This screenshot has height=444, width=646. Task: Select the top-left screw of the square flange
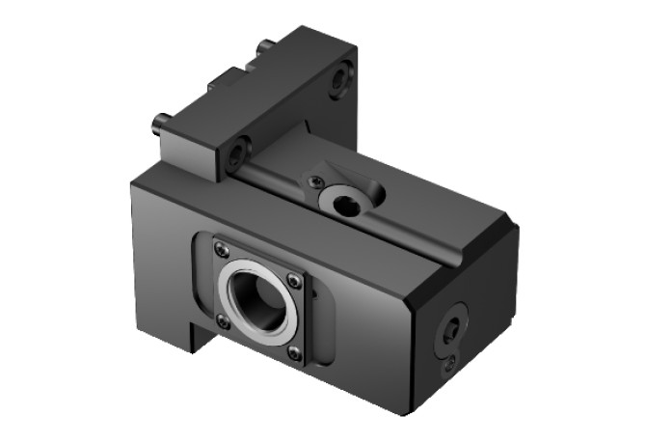222,249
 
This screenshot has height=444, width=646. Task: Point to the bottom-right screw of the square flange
294,353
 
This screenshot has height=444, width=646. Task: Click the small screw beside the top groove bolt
313,180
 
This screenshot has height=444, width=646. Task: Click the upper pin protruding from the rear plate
264,45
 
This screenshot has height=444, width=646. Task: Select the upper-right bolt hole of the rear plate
338,80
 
